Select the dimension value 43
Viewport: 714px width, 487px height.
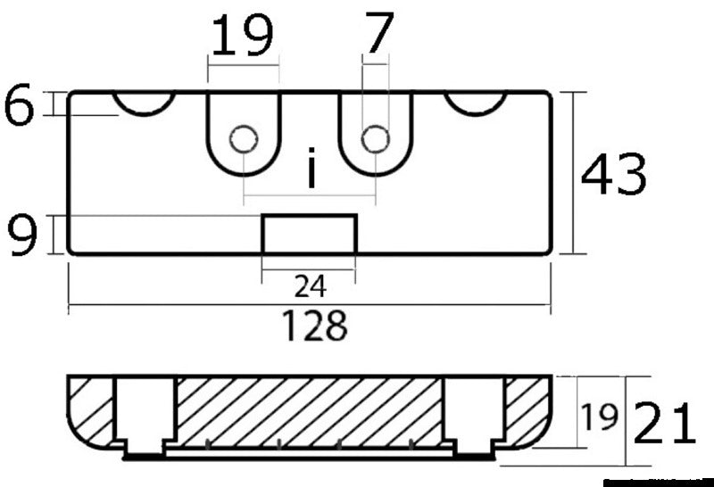[613, 175]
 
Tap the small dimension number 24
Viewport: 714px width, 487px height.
[310, 285]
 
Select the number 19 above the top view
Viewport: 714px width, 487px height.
[243, 37]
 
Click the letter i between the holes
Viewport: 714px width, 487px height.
[311, 170]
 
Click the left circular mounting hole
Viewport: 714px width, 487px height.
[243, 139]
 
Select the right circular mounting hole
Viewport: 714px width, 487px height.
[375, 139]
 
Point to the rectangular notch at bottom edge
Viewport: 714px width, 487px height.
[309, 235]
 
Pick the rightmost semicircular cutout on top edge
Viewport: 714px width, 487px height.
[475, 102]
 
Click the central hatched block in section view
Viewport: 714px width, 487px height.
[309, 410]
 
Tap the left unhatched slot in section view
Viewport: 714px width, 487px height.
[145, 412]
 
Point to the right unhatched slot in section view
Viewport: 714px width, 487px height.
[473, 412]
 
